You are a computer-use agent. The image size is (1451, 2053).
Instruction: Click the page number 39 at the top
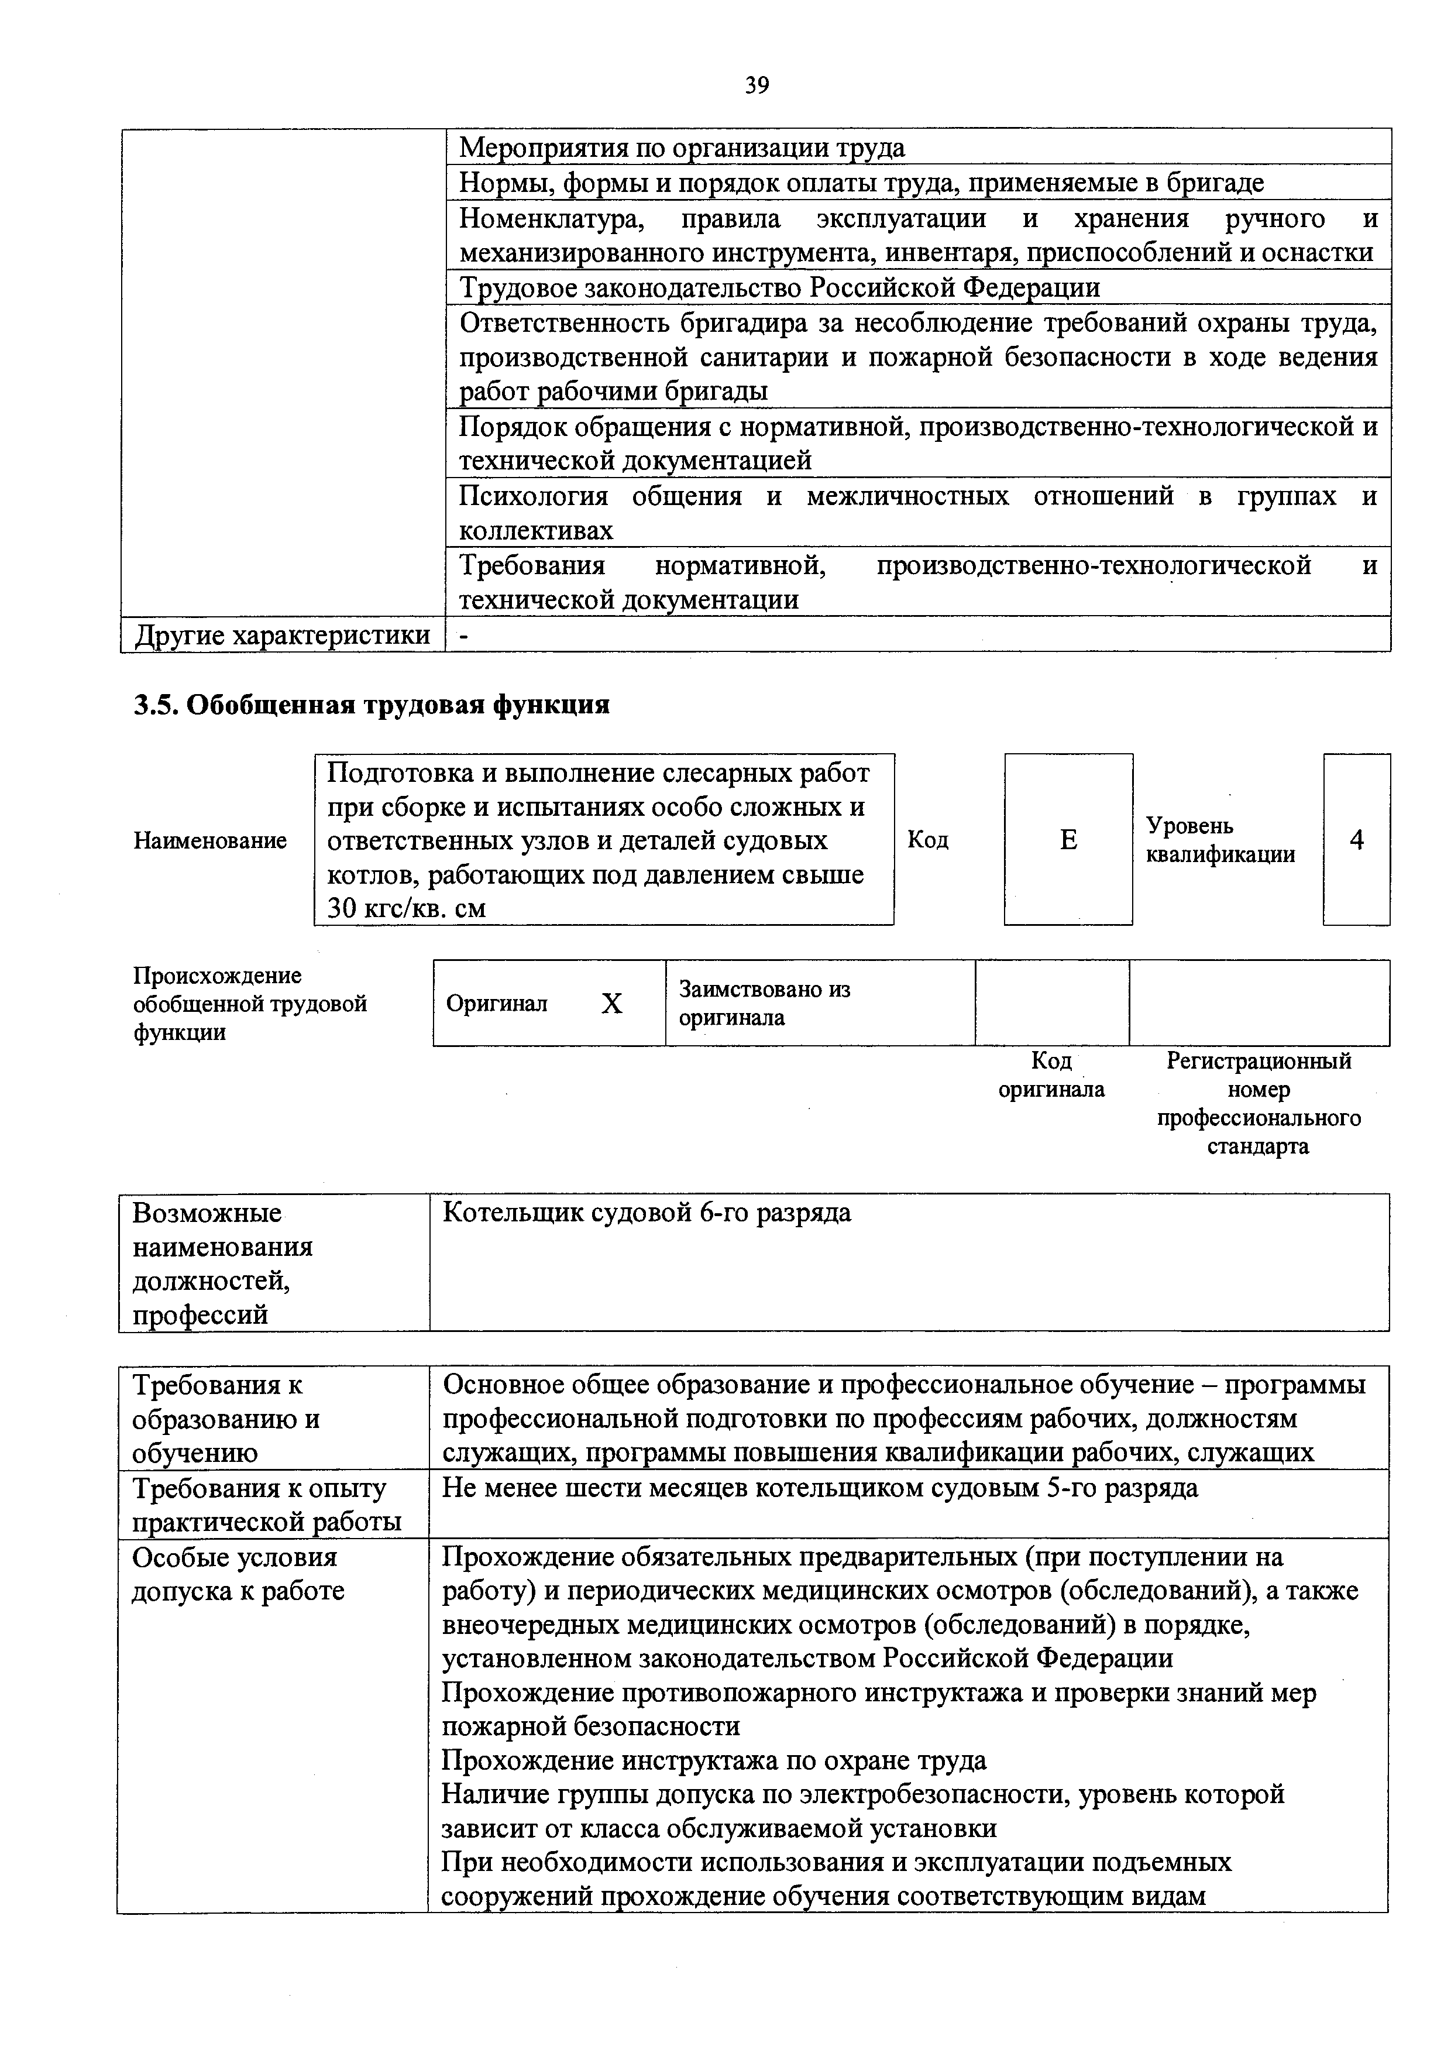[757, 86]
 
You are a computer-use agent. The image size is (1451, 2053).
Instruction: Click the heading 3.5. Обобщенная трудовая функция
[372, 705]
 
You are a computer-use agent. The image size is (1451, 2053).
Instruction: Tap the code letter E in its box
[1068, 840]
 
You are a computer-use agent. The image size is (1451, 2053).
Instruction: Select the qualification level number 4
[1356, 840]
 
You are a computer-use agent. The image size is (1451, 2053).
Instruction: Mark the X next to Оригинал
[611, 1004]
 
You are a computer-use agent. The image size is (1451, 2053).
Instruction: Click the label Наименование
[210, 840]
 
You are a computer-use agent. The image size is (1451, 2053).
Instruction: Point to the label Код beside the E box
[928, 840]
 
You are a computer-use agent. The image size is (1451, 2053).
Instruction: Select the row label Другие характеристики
[283, 636]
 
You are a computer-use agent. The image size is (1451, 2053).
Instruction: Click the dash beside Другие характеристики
[463, 636]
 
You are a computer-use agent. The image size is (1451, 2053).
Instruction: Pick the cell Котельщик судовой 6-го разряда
[647, 1213]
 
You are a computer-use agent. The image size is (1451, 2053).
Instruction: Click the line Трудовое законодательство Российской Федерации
[779, 288]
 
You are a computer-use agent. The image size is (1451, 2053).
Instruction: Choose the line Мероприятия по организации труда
[681, 147]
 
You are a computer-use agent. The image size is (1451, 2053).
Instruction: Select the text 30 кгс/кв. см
[407, 908]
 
